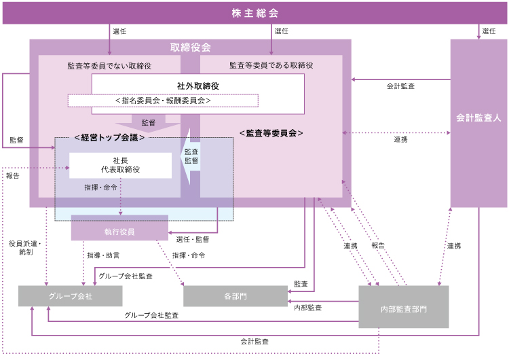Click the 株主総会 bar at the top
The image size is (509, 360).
point(254,13)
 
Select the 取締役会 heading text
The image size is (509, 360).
point(190,48)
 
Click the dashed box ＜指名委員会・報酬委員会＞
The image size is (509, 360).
point(163,101)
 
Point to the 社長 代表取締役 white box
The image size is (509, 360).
point(121,165)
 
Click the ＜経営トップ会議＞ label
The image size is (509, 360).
point(109,137)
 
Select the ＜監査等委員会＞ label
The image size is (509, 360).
point(271,133)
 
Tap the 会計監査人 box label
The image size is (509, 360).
point(478,118)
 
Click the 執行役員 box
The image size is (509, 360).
point(119,232)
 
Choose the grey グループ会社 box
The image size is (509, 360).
point(71,296)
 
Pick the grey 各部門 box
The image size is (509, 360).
point(235,296)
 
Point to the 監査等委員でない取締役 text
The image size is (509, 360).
point(109,66)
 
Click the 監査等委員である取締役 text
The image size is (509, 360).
point(271,66)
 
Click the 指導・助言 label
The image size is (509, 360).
point(102,255)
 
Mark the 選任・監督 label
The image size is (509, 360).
point(193,239)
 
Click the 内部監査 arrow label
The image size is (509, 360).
point(307,308)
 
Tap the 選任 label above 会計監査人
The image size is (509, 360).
point(489,31)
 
